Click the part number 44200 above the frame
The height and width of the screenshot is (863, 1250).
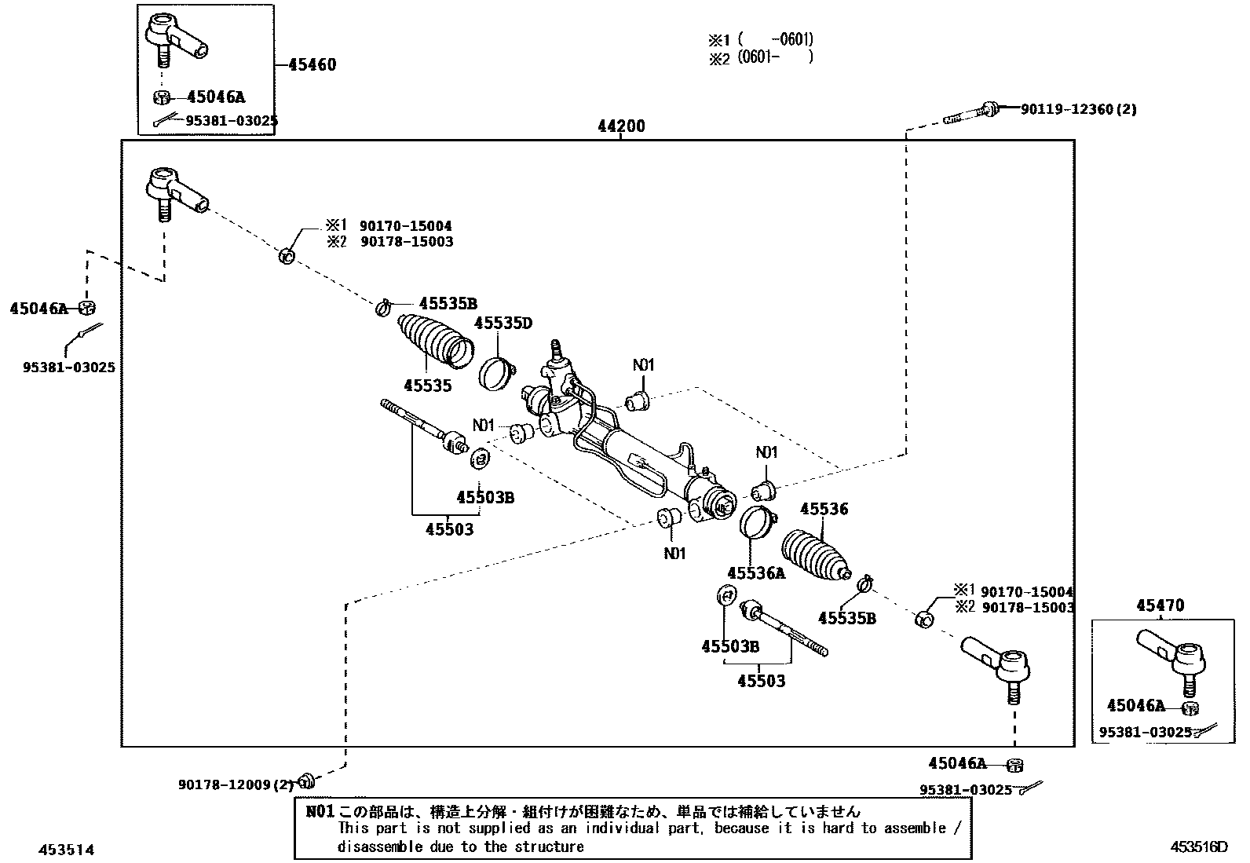tap(620, 126)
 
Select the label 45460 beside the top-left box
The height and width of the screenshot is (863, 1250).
tap(312, 64)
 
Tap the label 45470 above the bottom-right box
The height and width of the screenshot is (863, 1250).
tap(1160, 605)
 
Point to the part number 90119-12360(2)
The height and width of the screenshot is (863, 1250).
tap(1078, 110)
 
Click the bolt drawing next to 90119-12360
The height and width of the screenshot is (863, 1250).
tap(970, 113)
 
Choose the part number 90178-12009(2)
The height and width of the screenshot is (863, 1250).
tap(236, 784)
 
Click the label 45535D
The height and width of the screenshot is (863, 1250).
tap(503, 324)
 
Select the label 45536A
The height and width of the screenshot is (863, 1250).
tap(755, 573)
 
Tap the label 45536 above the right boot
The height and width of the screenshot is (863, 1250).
tap(824, 510)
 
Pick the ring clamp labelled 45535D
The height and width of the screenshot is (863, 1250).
tap(496, 372)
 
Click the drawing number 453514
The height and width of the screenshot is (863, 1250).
tap(68, 850)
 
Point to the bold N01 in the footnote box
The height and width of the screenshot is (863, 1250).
tap(320, 812)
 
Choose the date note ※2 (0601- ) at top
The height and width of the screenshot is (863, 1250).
tap(760, 58)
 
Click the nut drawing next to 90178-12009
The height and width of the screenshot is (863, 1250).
tap(308, 780)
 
